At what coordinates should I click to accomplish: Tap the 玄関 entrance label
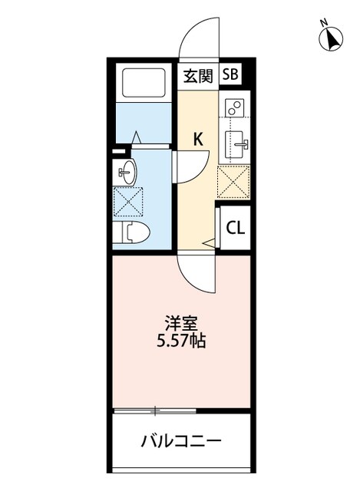(197, 75)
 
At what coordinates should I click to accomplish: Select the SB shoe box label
(230, 74)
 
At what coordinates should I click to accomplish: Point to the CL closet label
(235, 227)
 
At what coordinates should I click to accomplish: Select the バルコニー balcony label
(182, 442)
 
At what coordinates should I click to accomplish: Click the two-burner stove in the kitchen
(234, 108)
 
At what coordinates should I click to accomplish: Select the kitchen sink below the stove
(234, 142)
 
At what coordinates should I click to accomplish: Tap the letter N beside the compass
(324, 22)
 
